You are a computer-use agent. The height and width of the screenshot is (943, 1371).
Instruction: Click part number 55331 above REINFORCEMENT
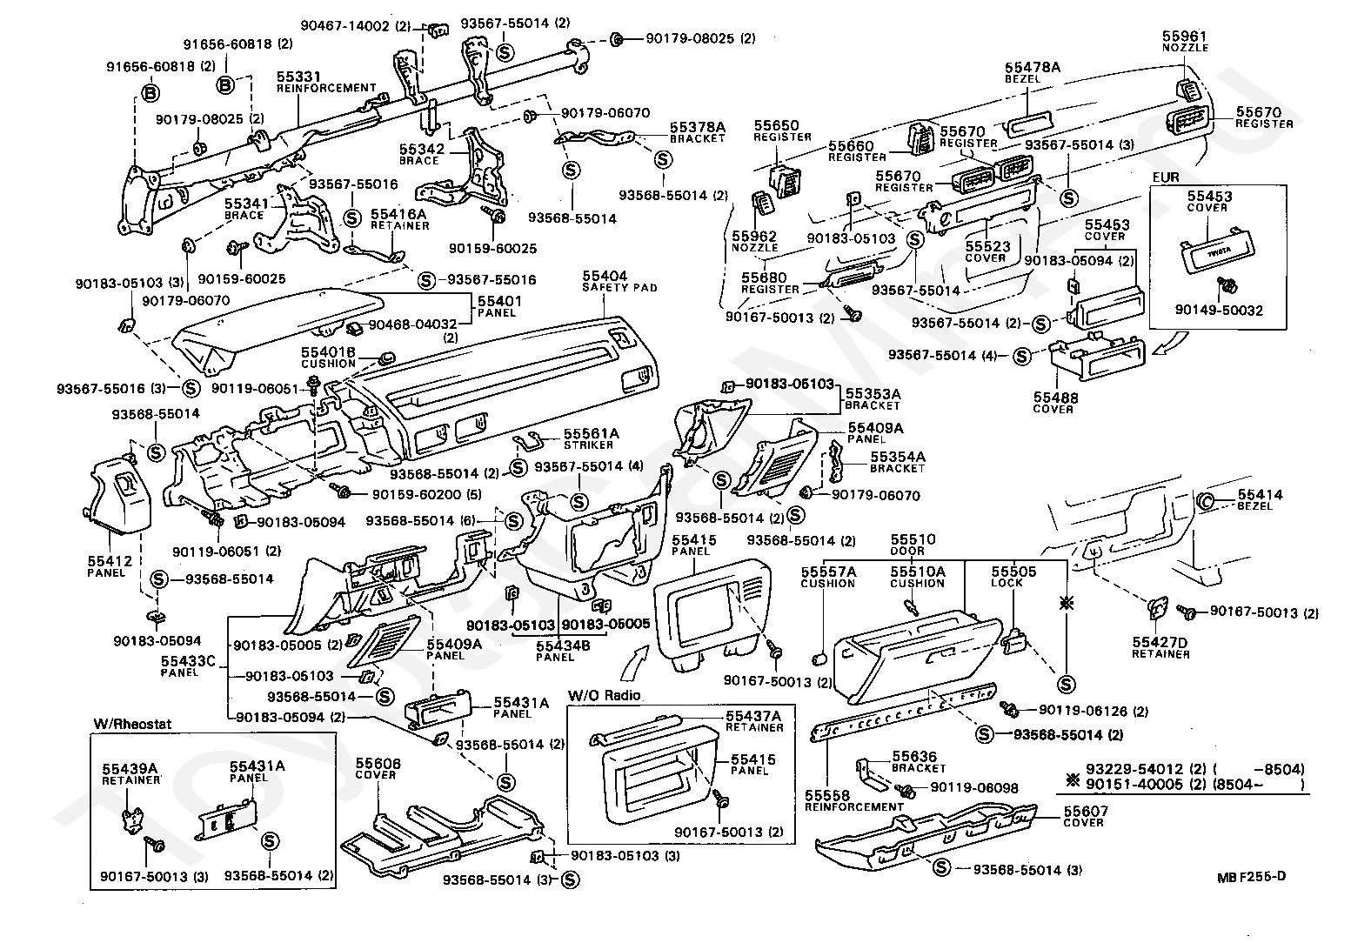298,77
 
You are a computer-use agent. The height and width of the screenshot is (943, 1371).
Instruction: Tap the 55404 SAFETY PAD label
619,282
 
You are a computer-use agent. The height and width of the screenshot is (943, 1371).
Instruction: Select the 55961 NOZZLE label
1185,42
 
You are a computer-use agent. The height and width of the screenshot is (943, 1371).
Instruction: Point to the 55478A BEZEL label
1032,73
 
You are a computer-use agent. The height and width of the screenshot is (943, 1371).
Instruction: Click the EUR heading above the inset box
1166,177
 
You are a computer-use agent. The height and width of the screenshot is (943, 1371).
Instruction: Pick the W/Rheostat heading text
132,724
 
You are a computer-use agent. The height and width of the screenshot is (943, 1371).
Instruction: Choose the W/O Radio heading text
604,695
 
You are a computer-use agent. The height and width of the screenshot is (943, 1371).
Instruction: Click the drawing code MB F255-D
1251,877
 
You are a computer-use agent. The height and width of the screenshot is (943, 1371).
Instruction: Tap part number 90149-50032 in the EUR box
1219,311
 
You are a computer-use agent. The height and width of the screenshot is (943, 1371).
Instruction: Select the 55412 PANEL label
109,566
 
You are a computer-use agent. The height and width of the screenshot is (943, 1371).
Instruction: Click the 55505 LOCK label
1013,577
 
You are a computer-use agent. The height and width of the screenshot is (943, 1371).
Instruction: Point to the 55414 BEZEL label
1260,500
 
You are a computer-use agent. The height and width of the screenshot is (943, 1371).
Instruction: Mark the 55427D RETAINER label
1160,648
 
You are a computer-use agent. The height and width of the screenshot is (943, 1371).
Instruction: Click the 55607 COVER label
1085,817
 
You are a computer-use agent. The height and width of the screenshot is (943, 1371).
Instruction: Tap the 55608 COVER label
378,769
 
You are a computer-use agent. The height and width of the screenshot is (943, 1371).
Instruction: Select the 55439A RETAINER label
131,774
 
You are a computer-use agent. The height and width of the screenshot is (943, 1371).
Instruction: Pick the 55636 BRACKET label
918,762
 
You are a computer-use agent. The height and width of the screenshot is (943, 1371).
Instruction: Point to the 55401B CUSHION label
328,358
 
